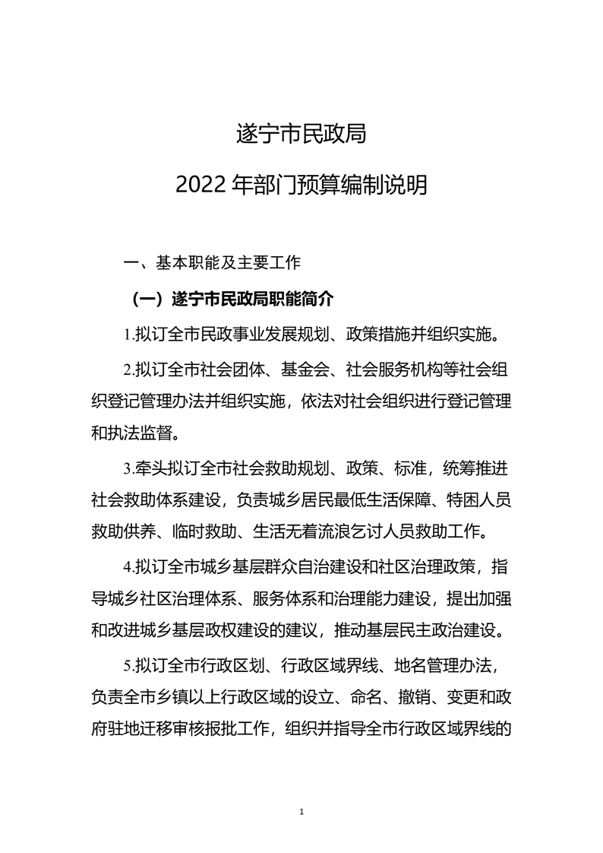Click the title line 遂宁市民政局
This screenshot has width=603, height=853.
(301, 135)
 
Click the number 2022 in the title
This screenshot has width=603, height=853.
(198, 185)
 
